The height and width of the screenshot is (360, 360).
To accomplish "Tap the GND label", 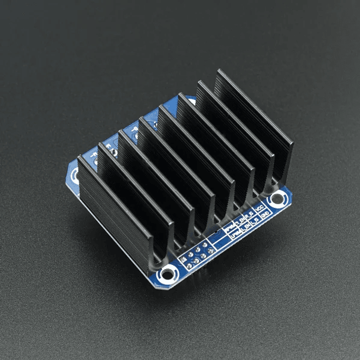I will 266,216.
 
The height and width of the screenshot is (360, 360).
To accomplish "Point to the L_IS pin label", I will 254,222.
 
